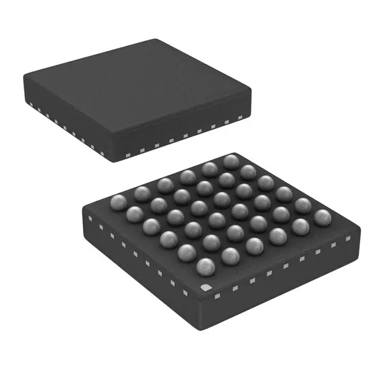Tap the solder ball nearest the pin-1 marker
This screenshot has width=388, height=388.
(206, 267)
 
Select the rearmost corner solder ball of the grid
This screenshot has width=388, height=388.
(230, 162)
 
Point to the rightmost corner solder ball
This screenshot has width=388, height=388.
(323, 216)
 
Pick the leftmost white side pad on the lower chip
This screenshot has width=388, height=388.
(89, 218)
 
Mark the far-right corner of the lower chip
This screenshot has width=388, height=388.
(359, 229)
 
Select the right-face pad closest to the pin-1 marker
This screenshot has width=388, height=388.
(217, 295)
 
